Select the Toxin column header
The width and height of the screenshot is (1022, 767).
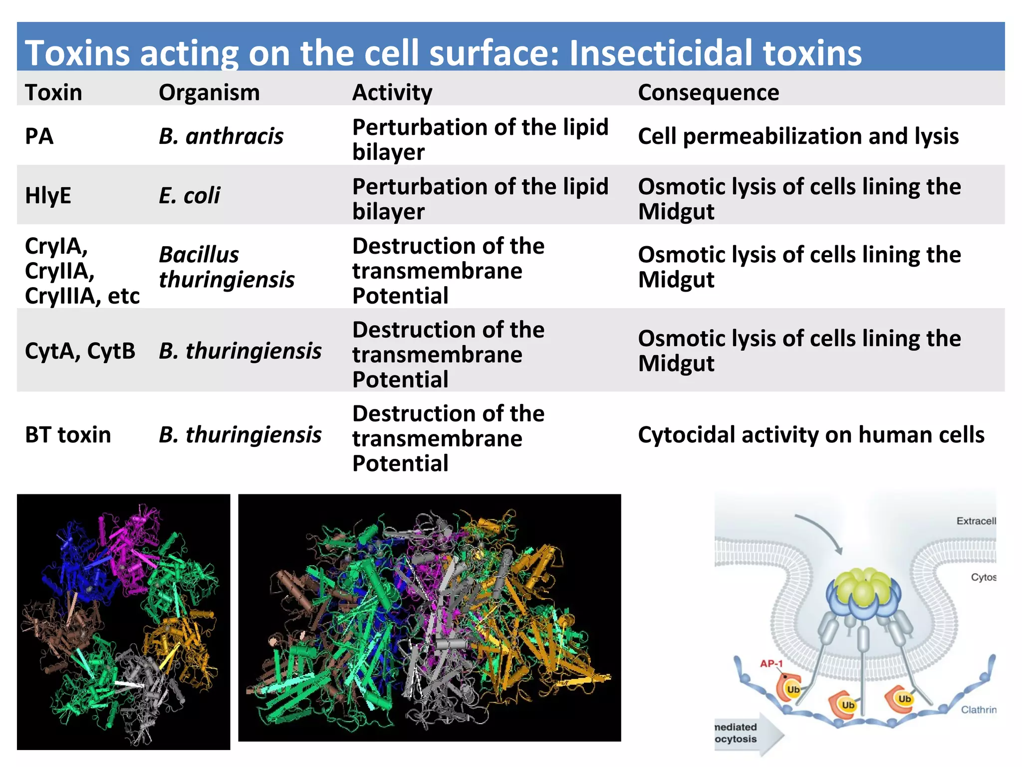pos(53,93)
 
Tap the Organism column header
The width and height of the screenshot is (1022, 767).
pos(209,93)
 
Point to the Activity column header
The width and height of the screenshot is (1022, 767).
pos(392,93)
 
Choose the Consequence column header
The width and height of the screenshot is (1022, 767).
pos(708,93)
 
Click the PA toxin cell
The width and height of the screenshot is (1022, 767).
pos(39,136)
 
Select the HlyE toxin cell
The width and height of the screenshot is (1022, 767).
pos(48,195)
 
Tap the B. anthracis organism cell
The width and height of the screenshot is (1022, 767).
pos(221,136)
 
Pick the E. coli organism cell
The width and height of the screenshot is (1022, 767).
pos(189,195)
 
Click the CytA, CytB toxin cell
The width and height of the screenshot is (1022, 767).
pos(80,351)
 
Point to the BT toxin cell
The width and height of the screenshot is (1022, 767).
pos(68,435)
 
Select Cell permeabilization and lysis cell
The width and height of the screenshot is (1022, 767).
pos(798,136)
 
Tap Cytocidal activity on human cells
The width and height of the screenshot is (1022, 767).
pos(811,435)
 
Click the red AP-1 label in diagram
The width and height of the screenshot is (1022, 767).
pos(771,664)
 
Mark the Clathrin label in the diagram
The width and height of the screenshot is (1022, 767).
pos(978,710)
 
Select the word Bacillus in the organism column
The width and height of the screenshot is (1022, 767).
pos(199,255)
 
